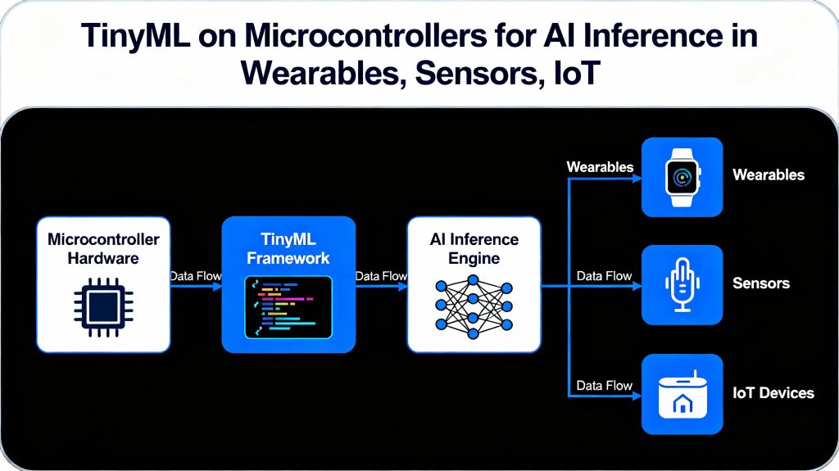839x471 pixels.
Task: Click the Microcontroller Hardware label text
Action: tap(103, 249)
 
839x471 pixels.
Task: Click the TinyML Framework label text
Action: tap(288, 249)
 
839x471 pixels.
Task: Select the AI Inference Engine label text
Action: tap(474, 249)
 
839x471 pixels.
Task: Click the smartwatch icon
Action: tap(682, 176)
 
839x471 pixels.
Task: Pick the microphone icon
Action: tap(682, 284)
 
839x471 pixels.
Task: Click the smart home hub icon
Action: tap(682, 394)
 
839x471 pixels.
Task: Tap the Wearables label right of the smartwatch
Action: tap(768, 174)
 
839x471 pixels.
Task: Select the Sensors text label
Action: tap(760, 283)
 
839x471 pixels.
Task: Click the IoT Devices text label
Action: tap(773, 393)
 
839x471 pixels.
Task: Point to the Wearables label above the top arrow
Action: tap(600, 167)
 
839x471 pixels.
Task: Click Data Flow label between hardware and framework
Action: tap(195, 276)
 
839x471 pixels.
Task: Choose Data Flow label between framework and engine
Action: tap(381, 276)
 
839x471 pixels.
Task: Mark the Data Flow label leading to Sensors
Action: tap(604, 276)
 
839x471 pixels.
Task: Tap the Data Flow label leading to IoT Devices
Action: tap(604, 385)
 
